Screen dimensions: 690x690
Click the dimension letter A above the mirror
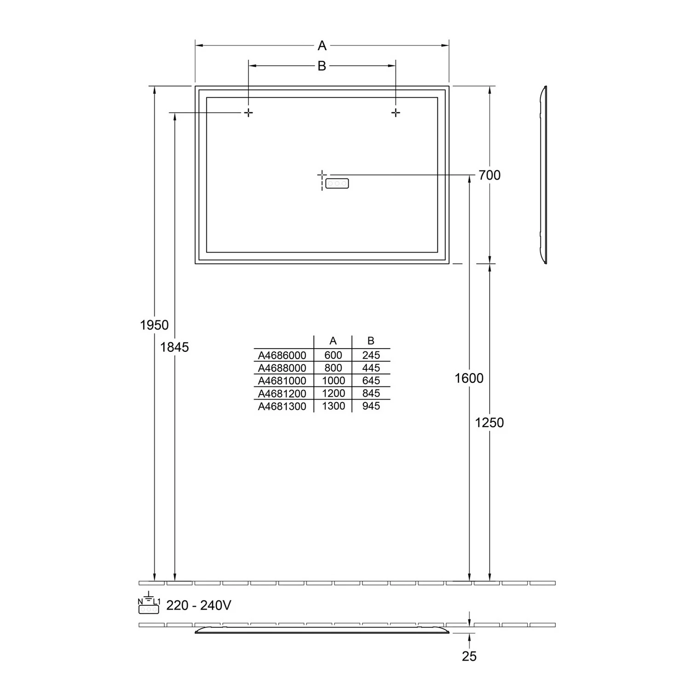click(322, 46)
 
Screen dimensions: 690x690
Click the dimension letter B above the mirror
click(322, 66)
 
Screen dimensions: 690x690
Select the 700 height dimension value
click(489, 175)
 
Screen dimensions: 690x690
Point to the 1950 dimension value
click(154, 325)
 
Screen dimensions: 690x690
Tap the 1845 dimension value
click(174, 347)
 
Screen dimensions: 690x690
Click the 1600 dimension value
click(469, 378)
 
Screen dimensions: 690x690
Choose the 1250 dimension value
click(489, 423)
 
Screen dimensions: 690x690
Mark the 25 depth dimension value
click(469, 656)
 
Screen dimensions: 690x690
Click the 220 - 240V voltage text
click(199, 605)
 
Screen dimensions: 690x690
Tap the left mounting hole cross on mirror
click(248, 113)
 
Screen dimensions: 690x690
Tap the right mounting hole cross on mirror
click(396, 113)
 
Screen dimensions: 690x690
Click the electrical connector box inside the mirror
click(337, 184)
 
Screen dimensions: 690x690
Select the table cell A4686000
click(282, 356)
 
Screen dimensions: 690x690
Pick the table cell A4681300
click(282, 406)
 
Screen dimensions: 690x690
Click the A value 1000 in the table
click(333, 381)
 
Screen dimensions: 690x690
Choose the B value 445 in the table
click(371, 368)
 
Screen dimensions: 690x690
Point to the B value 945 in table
click(371, 406)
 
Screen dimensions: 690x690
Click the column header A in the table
click(333, 341)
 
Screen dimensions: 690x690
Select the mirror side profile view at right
click(543, 175)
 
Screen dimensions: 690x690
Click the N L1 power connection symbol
click(149, 604)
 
